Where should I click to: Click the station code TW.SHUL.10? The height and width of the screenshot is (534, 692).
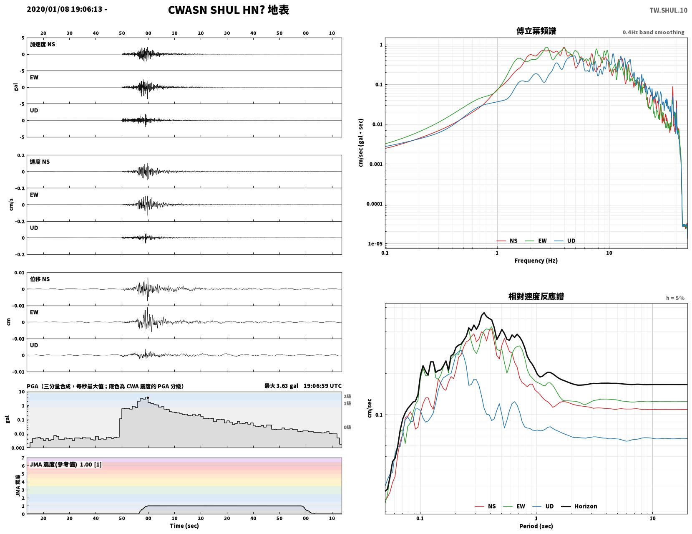(668, 10)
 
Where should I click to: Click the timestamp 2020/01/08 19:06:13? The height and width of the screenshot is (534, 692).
(64, 9)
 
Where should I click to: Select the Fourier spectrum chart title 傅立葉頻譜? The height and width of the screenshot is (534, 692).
(536, 31)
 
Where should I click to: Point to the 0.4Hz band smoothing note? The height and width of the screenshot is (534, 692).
(653, 32)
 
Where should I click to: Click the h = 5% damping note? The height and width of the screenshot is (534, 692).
(675, 298)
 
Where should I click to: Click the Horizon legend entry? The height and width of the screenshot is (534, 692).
(579, 506)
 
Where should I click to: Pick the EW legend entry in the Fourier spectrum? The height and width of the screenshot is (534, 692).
(536, 240)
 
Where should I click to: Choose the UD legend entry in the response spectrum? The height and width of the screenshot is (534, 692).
(545, 506)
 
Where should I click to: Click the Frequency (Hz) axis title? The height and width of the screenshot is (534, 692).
(536, 260)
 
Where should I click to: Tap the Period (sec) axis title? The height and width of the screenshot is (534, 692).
(536, 526)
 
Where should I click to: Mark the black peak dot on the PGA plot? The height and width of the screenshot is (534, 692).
(148, 397)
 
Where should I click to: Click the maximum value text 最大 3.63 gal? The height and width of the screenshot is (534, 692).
(281, 386)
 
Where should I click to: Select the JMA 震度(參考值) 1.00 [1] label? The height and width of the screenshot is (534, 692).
(65, 464)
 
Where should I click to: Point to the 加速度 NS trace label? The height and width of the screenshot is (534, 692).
(43, 44)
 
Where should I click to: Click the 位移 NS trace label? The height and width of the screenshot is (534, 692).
(40, 279)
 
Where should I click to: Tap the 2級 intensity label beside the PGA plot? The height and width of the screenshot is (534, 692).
(347, 396)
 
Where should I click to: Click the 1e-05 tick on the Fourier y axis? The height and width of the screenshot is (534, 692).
(375, 244)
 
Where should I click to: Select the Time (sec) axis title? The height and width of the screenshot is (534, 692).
(184, 526)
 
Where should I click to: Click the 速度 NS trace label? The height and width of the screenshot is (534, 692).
(40, 162)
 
